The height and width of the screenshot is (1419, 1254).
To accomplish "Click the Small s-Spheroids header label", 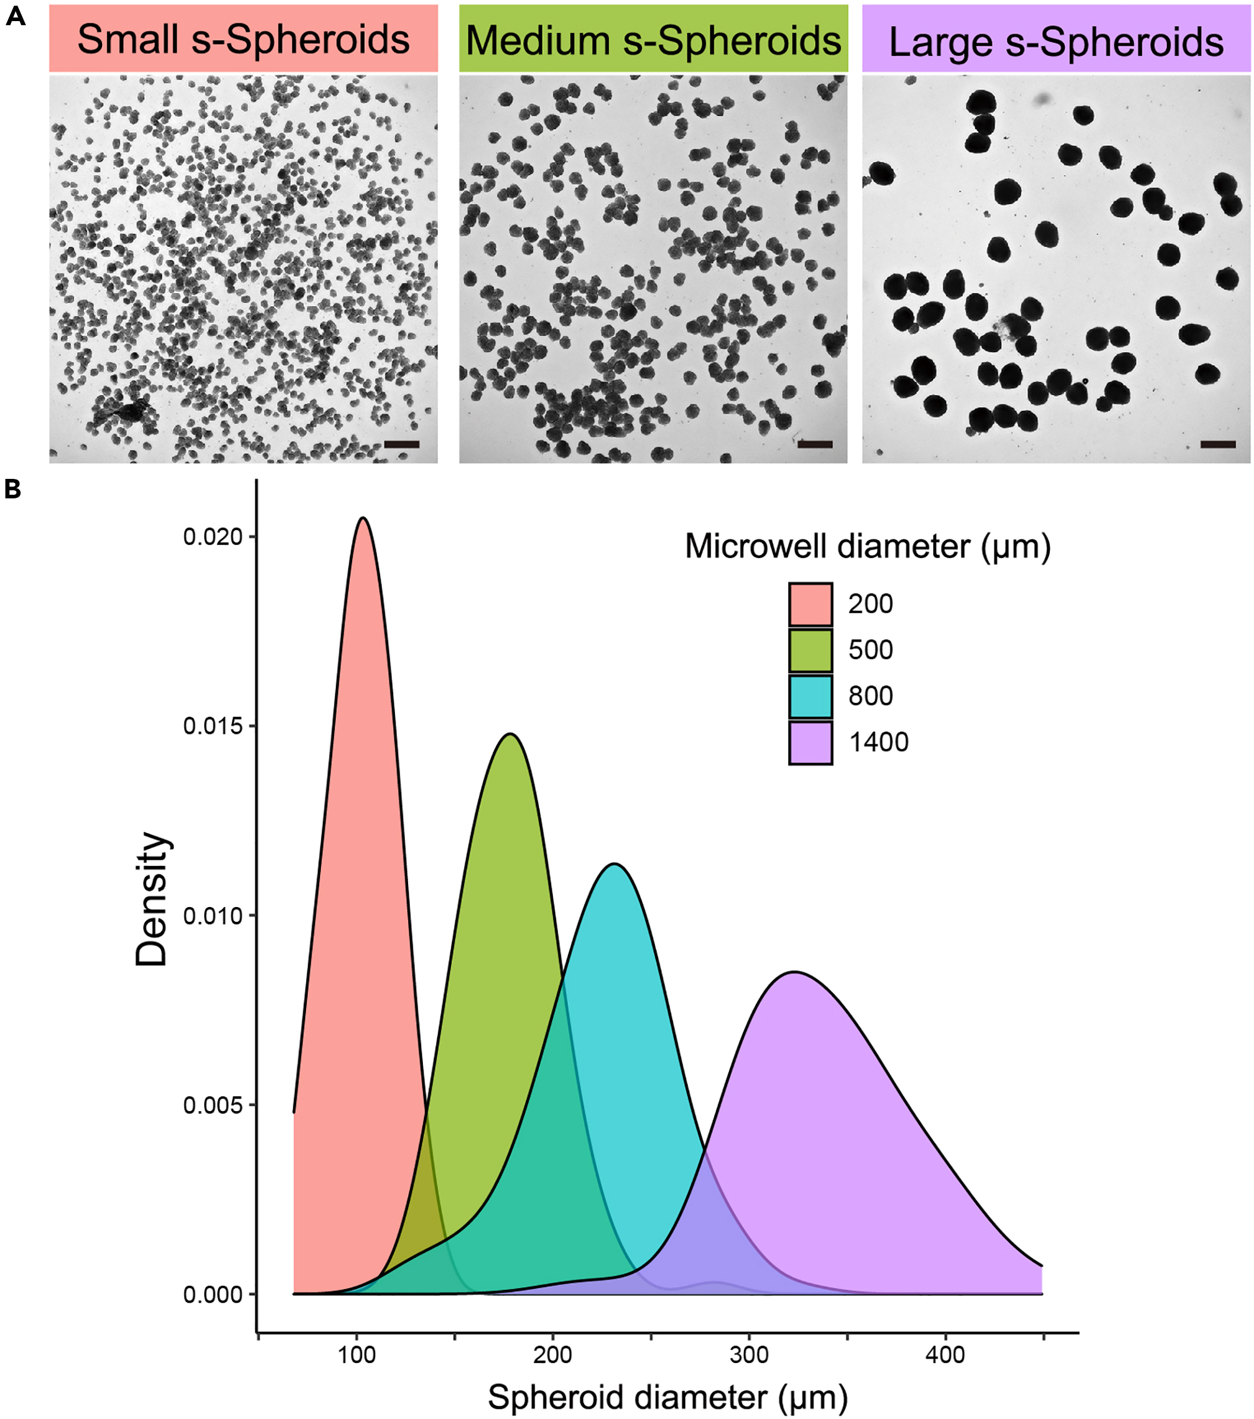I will coord(243,39).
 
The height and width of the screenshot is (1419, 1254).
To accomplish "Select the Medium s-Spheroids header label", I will coord(653,39).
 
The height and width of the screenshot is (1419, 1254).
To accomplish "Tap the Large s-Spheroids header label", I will coord(1056,42).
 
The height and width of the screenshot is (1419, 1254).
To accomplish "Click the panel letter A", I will coord(15,15).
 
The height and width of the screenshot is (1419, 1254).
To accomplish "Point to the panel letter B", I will coord(13,489).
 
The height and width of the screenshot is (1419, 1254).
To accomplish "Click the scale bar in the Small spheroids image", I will coord(402,444).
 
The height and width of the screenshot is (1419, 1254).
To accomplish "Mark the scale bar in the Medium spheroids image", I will coord(815,444).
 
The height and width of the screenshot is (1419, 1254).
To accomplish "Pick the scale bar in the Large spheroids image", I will coord(1218,444).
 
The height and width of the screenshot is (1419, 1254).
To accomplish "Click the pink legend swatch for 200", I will coord(810,604).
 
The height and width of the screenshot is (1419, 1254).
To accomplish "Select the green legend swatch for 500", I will coord(810,650).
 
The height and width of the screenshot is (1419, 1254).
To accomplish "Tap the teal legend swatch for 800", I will coord(810,696).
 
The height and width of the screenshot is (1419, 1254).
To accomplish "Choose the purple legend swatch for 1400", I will coord(810,743).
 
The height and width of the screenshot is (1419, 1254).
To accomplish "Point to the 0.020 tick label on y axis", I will coord(213,536).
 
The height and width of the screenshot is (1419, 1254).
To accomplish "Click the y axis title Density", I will coord(151,899).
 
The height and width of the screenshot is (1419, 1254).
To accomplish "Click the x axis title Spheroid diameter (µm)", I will coord(667,1397).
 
